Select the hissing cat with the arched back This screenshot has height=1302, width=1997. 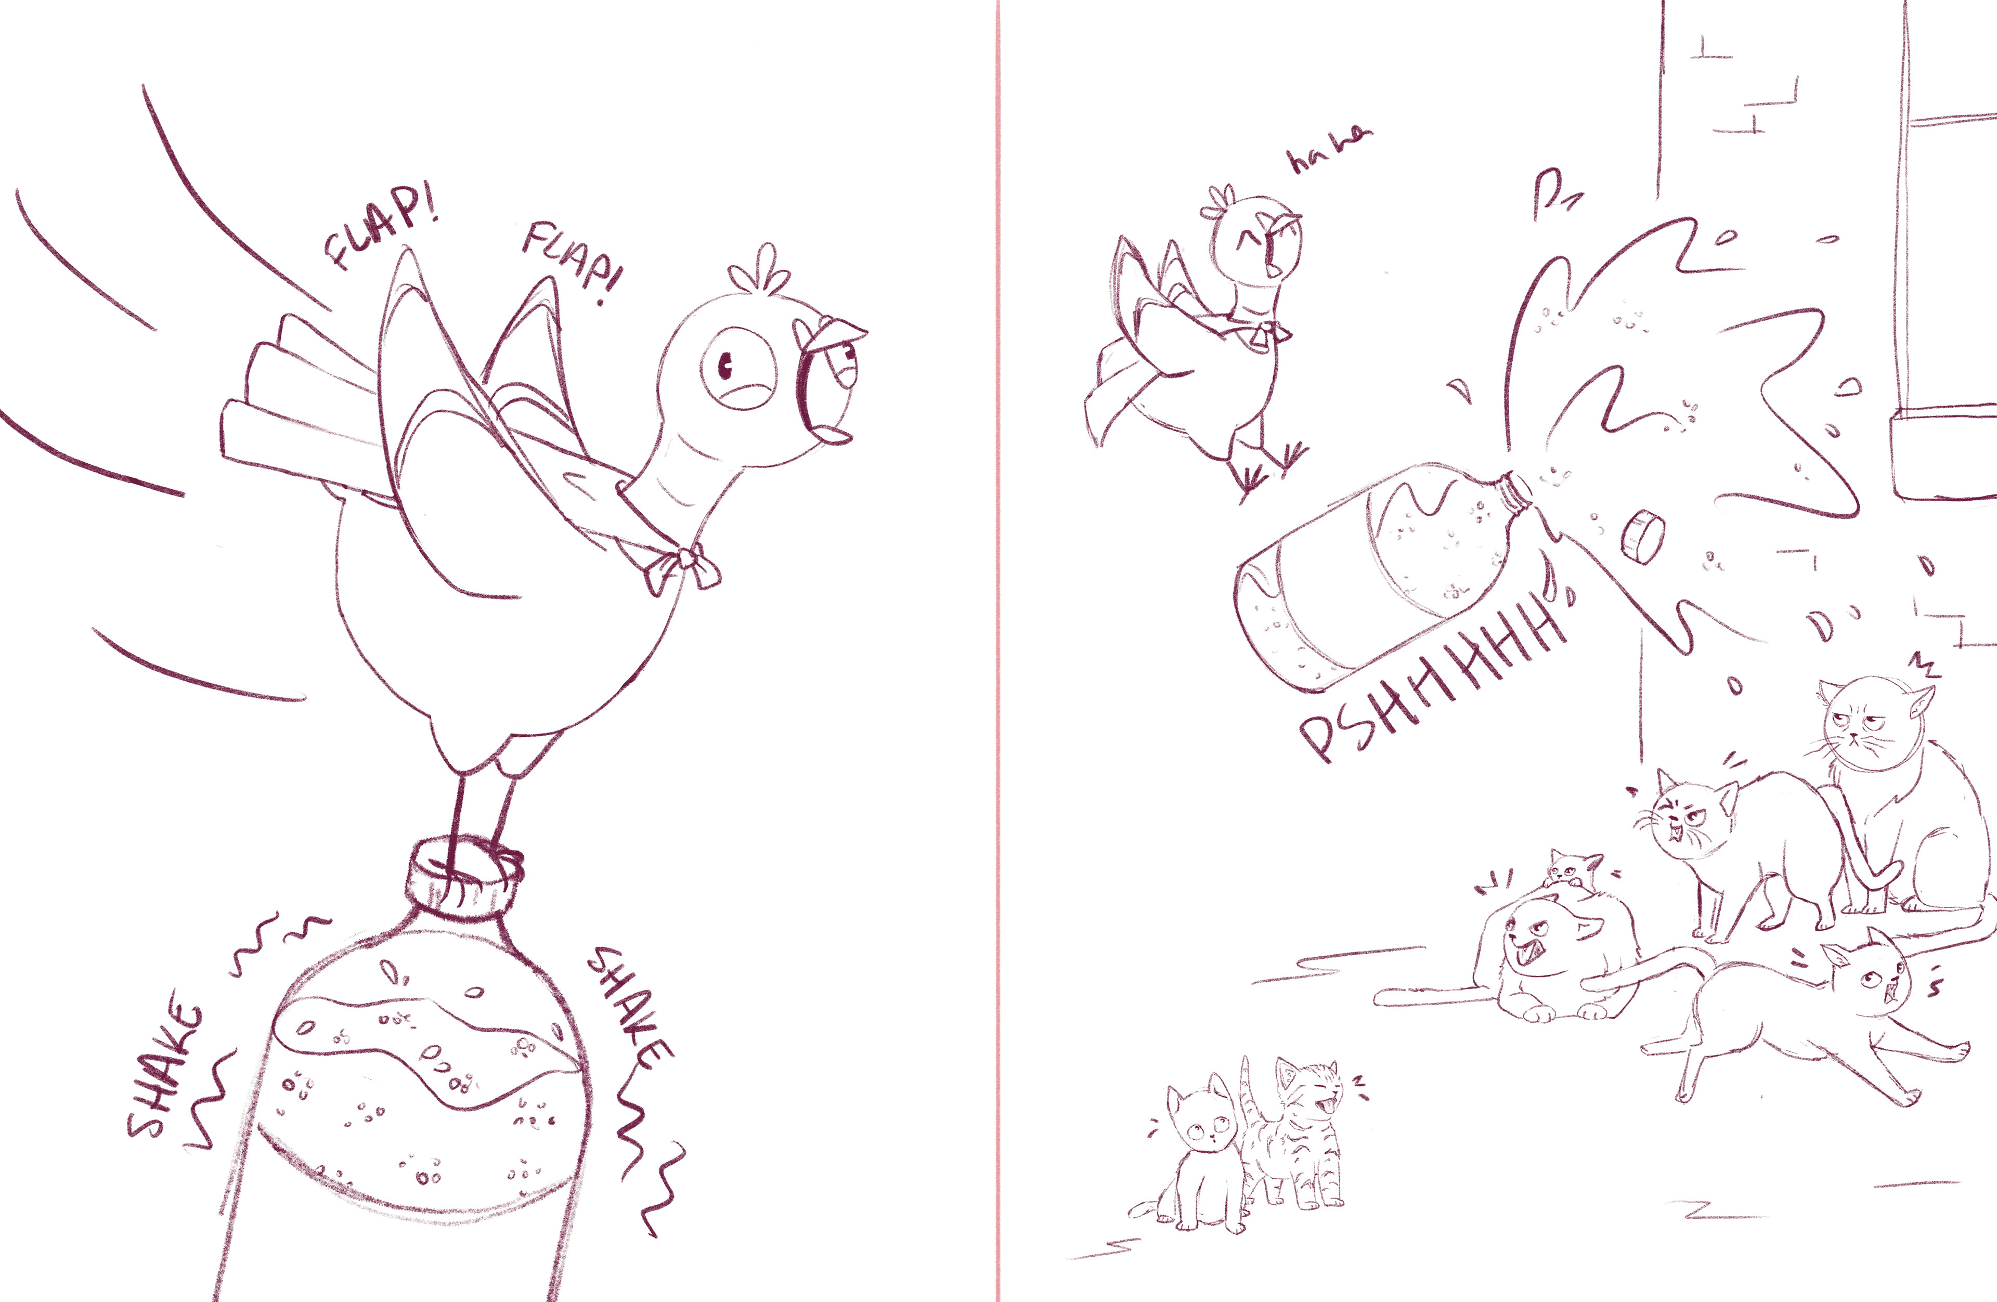pyautogui.click(x=1745, y=848)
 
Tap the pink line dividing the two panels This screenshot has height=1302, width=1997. pyautogui.click(x=997, y=651)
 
